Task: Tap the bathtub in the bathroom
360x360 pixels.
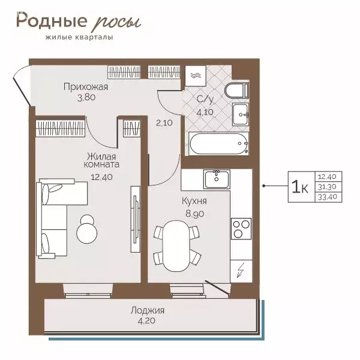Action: tap(218, 145)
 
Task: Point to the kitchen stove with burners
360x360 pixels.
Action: tap(241, 229)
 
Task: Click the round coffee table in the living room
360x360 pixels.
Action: tap(89, 229)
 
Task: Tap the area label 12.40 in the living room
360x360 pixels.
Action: tap(101, 177)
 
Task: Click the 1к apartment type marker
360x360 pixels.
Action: tap(299, 188)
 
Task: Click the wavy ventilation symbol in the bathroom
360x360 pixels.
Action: tap(196, 76)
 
